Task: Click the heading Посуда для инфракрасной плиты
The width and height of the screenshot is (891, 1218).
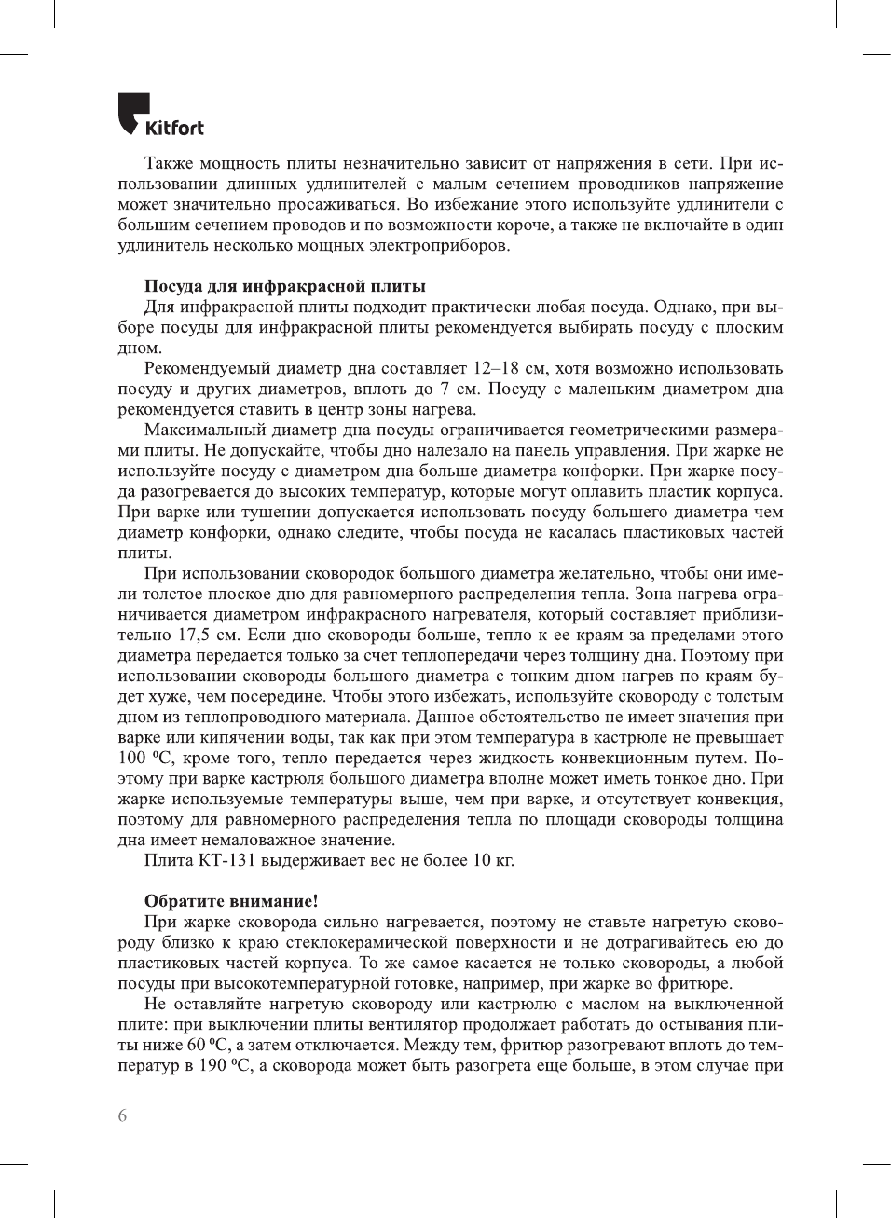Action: point(284,286)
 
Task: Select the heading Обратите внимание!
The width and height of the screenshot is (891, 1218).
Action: point(231,901)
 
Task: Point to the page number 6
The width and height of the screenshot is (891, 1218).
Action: point(122,1115)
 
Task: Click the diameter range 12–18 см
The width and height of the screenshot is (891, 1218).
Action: point(510,368)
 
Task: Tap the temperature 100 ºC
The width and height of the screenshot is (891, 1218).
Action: point(144,758)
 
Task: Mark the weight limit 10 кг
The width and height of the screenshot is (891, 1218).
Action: point(493,860)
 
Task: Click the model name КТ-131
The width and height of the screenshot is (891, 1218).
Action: point(226,860)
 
